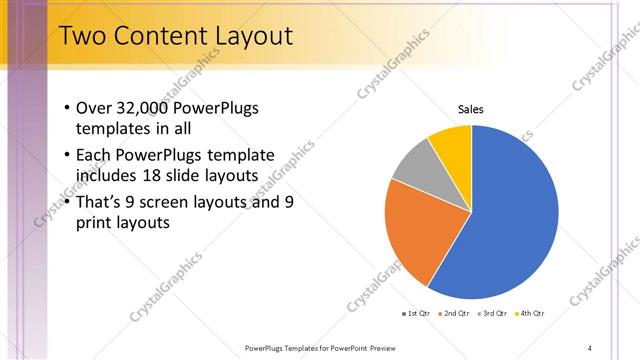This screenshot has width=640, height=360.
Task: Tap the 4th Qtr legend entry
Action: point(530,313)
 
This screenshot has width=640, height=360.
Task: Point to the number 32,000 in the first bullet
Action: point(143,108)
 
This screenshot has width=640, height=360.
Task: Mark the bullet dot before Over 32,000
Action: point(66,108)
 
